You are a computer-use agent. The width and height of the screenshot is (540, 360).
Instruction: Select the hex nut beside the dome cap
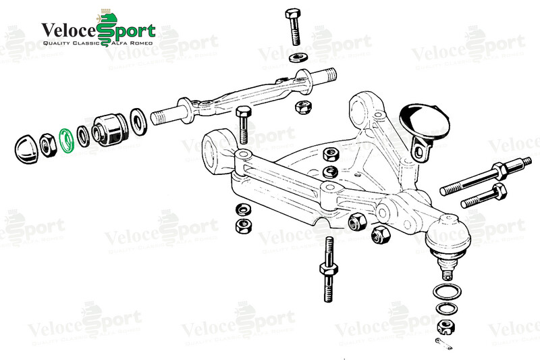click(x=47, y=145)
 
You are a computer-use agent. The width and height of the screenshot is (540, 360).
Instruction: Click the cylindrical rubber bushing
click(x=109, y=130)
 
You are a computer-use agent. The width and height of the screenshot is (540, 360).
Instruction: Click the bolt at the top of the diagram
click(x=294, y=27)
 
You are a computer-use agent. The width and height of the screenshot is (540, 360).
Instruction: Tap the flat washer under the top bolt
click(x=298, y=57)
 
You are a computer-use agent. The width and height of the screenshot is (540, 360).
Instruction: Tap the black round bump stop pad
click(x=425, y=122)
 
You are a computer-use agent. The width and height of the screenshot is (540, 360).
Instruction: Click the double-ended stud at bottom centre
click(x=328, y=269)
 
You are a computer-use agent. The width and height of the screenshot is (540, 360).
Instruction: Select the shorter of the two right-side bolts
click(x=485, y=197)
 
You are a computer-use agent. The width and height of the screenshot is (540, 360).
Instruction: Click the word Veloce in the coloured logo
click(x=69, y=30)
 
